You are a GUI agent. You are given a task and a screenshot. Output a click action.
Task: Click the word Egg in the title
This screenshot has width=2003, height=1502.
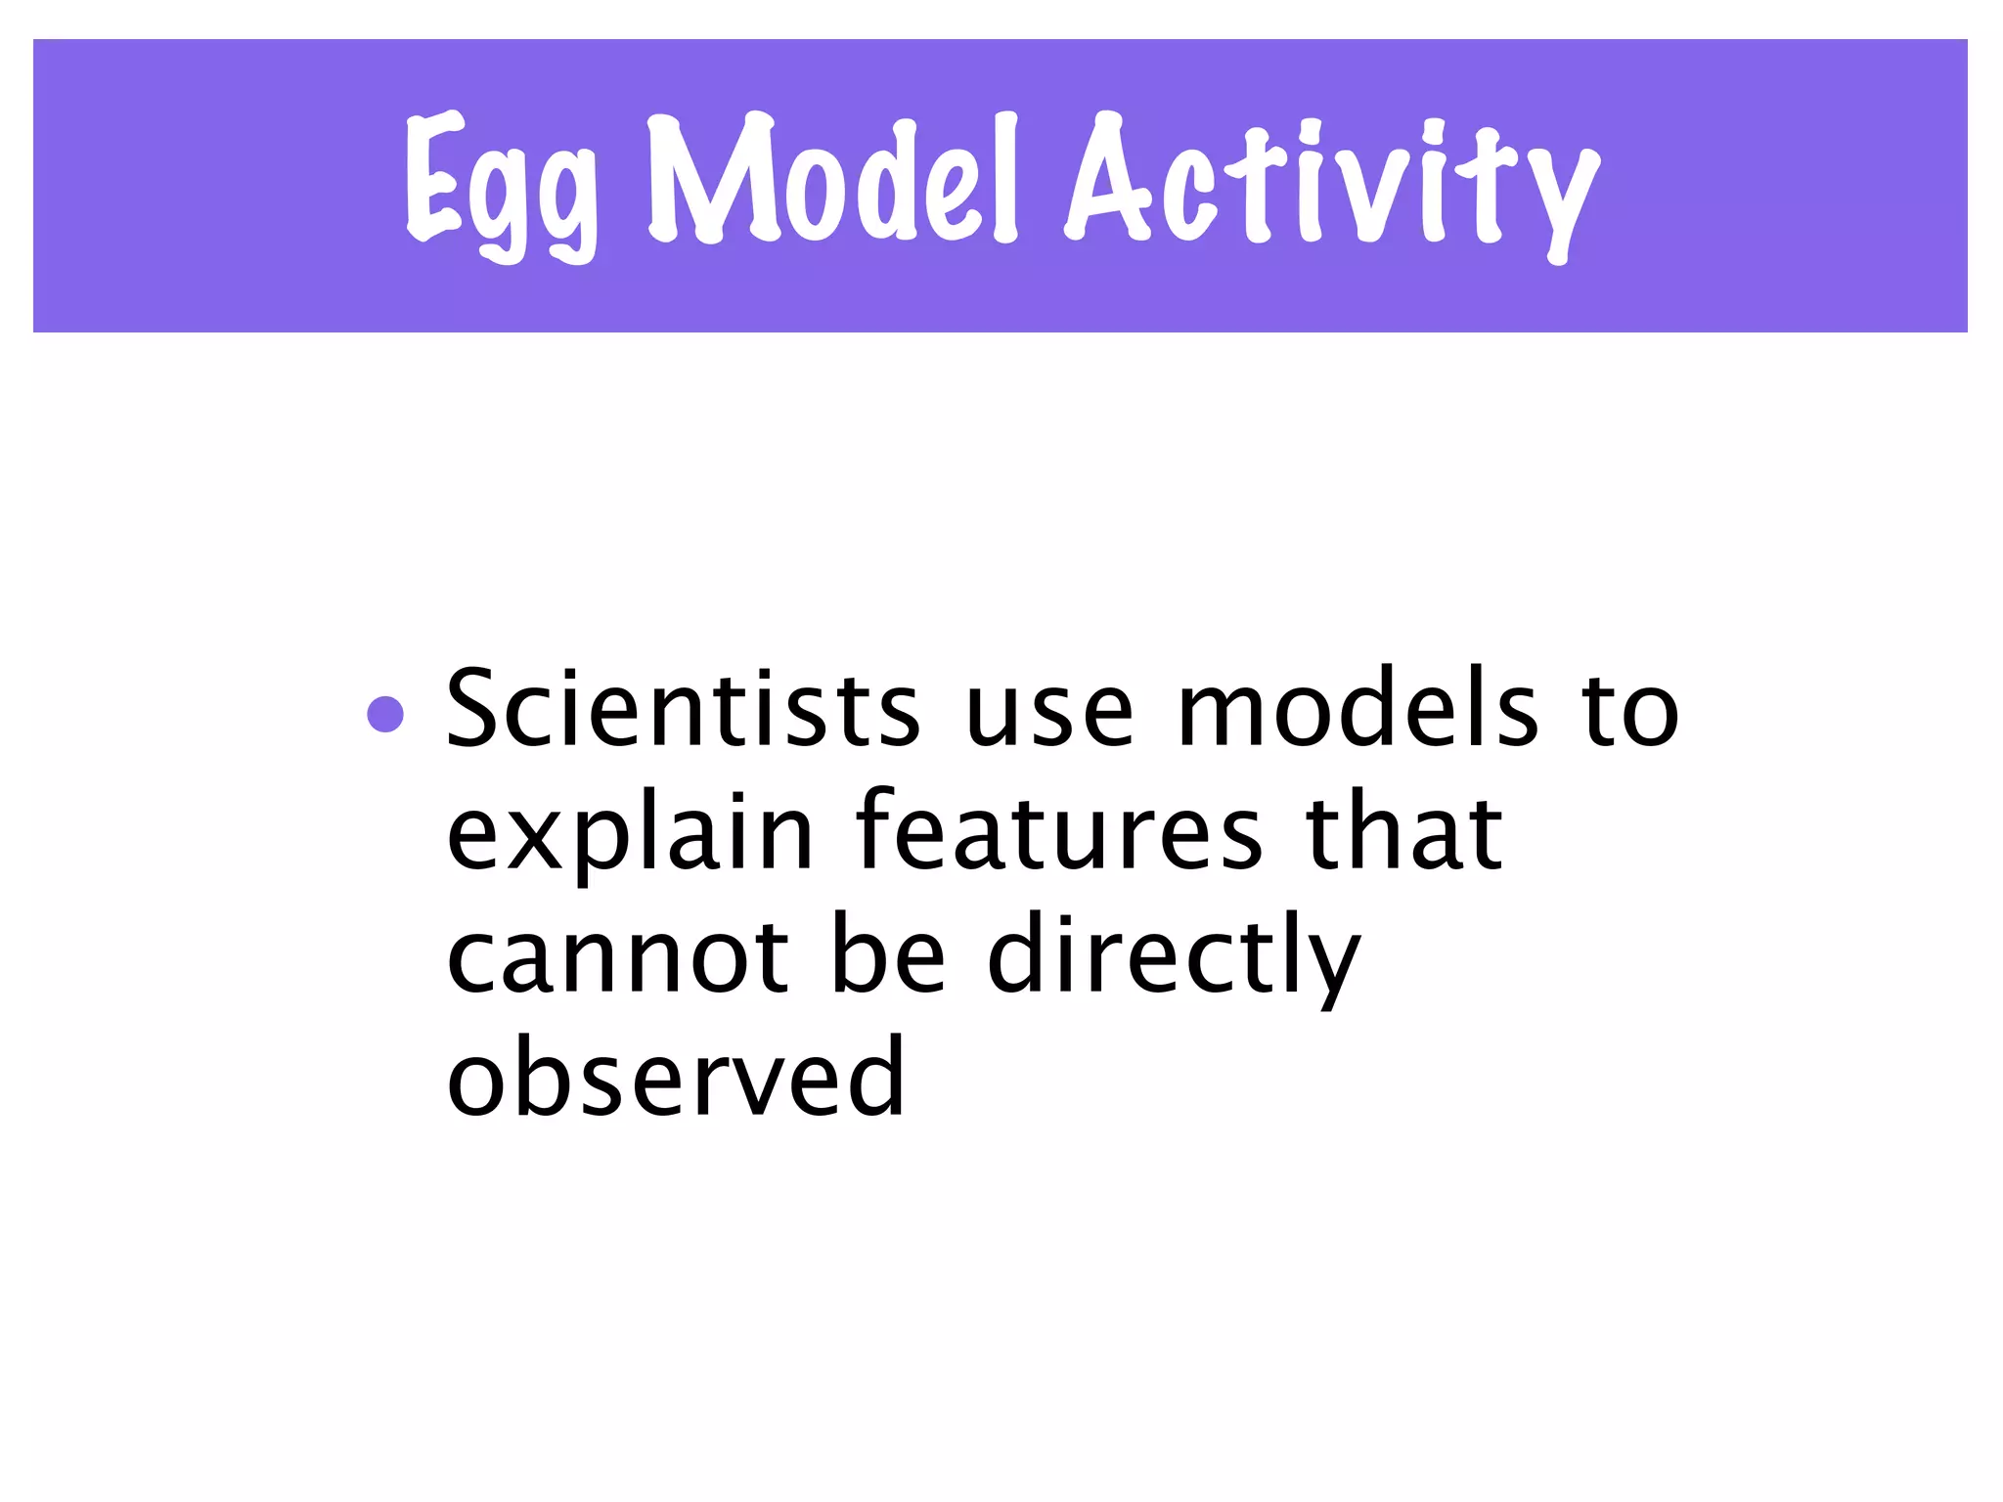click(x=501, y=186)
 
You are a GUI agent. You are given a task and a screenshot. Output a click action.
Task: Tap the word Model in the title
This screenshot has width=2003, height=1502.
click(x=831, y=181)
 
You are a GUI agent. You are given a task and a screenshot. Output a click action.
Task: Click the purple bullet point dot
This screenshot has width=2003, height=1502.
click(x=385, y=714)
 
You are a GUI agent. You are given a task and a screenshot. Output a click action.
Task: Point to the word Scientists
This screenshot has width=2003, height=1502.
click(x=683, y=709)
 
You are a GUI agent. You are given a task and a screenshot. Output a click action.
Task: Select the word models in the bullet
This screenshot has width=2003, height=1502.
click(x=1358, y=709)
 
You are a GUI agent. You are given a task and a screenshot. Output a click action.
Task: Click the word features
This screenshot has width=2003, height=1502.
click(x=1058, y=831)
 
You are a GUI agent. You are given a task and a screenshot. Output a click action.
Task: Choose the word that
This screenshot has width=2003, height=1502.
click(x=1404, y=831)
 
